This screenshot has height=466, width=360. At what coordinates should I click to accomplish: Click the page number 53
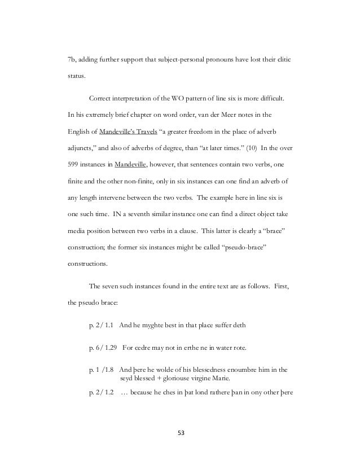point(181,433)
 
